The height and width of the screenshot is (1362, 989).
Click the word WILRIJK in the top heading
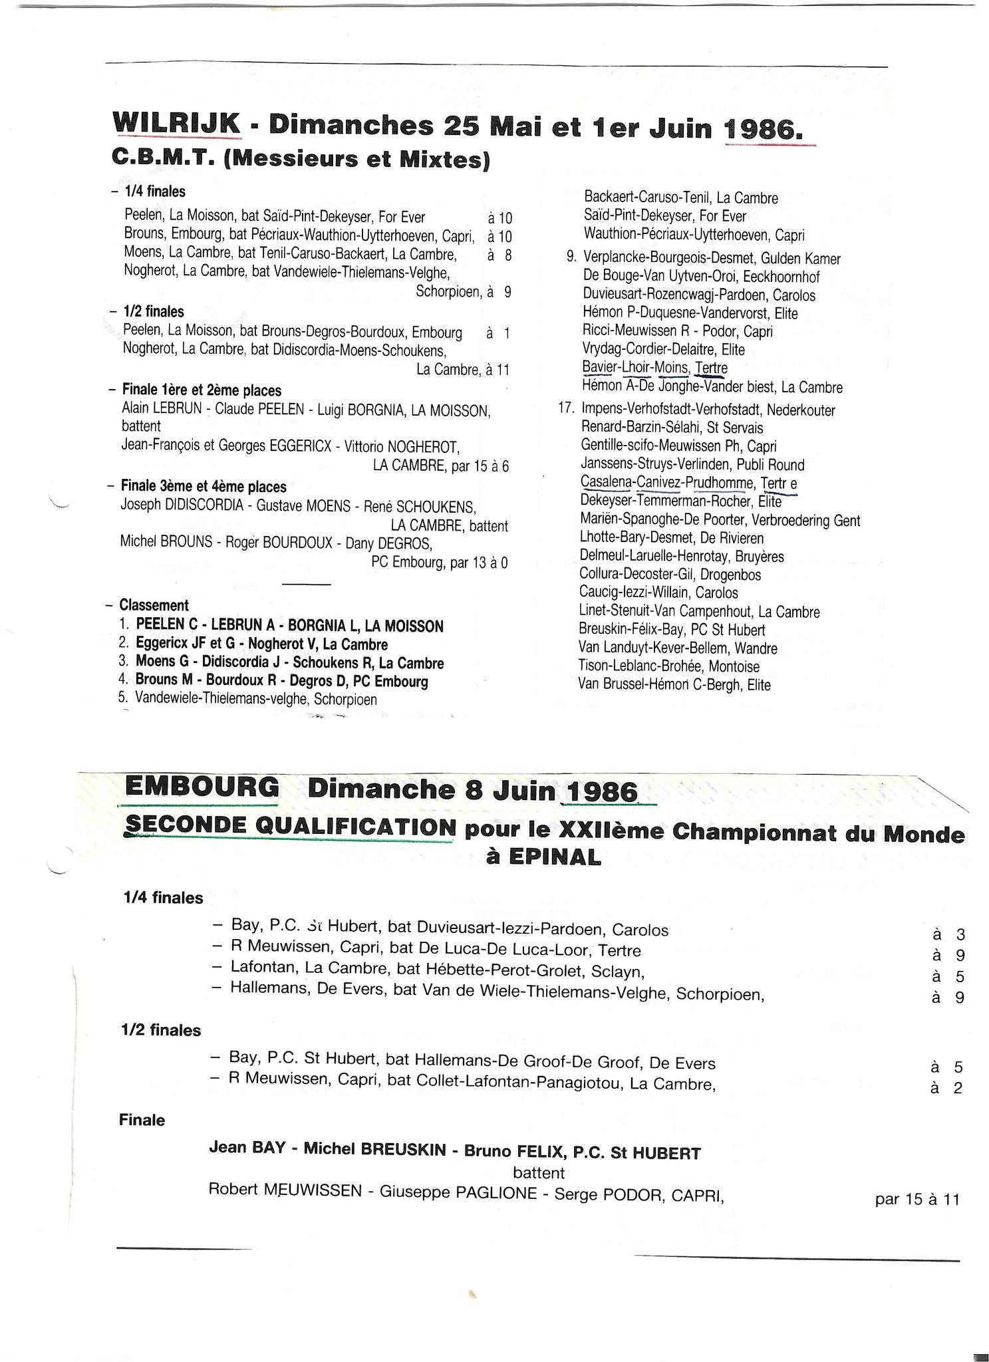[x=176, y=124]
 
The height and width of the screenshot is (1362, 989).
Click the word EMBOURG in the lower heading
[x=202, y=787]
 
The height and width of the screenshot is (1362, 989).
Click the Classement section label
[x=154, y=605]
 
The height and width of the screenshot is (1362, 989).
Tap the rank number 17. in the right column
[x=566, y=409]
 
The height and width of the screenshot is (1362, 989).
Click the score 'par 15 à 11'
[x=917, y=1199]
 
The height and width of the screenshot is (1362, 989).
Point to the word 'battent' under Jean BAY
[x=539, y=1172]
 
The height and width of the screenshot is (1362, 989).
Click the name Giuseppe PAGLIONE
[x=458, y=1192]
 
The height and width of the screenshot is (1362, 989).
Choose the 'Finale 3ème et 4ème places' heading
[x=204, y=486]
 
